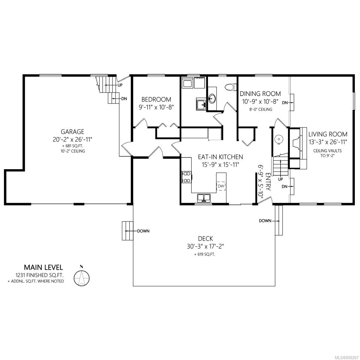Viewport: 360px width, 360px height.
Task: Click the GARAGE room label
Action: (x=72, y=132)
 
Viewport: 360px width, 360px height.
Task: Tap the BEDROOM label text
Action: (x=156, y=99)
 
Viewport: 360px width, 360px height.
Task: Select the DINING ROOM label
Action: (x=260, y=93)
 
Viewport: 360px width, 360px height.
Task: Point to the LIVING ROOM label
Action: (x=328, y=134)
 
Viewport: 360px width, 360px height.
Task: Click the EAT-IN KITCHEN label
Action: (x=220, y=157)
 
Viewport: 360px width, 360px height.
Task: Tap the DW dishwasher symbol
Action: (x=221, y=186)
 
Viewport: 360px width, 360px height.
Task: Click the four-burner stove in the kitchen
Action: (x=187, y=177)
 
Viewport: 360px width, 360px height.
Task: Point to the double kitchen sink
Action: (x=204, y=198)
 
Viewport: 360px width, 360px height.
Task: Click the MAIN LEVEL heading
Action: (x=43, y=268)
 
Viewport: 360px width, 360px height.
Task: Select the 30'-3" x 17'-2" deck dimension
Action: (x=205, y=247)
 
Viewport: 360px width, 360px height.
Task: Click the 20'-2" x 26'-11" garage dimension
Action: (x=73, y=139)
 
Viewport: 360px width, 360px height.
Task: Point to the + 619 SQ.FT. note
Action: (x=205, y=254)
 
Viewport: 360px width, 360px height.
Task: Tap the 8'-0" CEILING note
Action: (x=261, y=109)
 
